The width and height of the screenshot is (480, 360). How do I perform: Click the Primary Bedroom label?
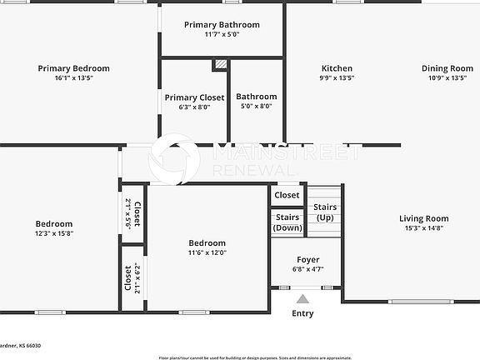point(73,68)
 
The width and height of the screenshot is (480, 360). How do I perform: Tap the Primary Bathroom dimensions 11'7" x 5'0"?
point(221,35)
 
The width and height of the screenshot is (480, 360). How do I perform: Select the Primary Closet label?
point(194,97)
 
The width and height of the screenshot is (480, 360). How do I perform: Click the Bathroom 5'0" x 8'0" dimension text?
point(256,107)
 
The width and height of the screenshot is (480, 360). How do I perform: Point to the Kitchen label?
point(337,68)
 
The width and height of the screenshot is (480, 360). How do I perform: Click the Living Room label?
point(423,218)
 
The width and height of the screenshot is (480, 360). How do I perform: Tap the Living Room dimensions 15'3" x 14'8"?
point(423,228)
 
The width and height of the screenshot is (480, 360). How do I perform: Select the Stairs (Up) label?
point(325,212)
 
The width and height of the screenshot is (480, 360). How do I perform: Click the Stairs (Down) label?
point(288,222)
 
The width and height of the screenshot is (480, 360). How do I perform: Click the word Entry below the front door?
point(302,313)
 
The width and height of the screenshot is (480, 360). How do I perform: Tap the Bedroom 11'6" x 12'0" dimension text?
point(207,252)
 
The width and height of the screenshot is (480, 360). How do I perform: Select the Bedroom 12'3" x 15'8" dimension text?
point(53,233)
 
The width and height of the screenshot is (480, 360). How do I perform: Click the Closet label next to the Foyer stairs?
point(287,195)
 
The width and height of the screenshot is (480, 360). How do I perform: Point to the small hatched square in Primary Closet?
point(220,64)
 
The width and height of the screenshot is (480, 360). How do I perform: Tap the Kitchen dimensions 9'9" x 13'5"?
point(337,78)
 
